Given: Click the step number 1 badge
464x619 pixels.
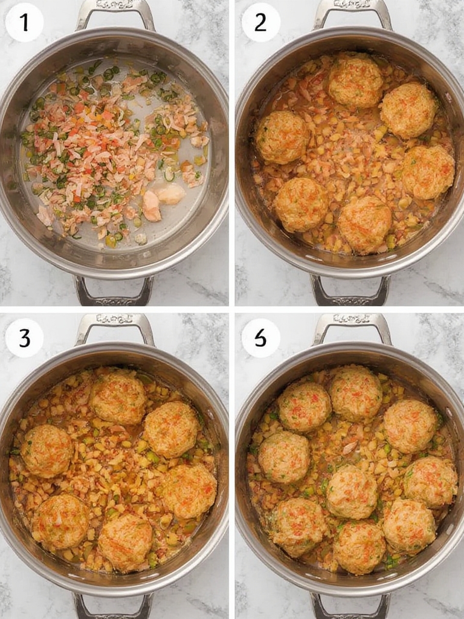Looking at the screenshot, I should point(24,22).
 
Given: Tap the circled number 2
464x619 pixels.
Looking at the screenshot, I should point(260,22).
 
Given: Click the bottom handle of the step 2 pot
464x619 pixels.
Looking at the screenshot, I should point(350,291).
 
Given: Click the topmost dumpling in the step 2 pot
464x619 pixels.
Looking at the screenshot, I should point(355,80).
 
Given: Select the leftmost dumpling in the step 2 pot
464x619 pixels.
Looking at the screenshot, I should point(282,137).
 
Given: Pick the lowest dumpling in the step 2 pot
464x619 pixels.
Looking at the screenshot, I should point(364,224).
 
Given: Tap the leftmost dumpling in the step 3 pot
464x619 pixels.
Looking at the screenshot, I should point(47,450).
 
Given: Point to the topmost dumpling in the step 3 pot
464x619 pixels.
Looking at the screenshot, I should point(118,397).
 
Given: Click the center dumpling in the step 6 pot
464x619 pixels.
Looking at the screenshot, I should point(352,491).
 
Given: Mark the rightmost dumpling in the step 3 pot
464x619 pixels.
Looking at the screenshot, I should point(188,491).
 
